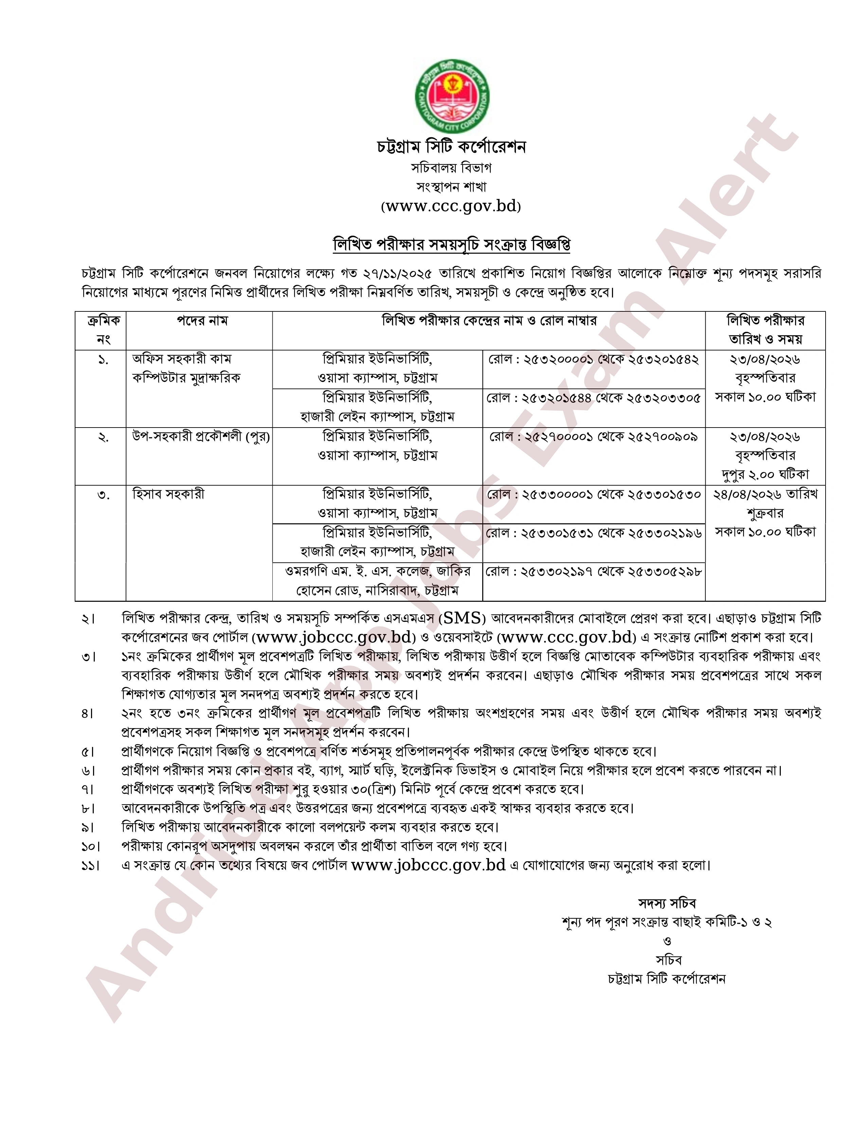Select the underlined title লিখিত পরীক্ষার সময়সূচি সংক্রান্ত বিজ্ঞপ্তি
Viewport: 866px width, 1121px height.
pos(451,244)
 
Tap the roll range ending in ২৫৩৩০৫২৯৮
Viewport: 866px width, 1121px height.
pos(593,571)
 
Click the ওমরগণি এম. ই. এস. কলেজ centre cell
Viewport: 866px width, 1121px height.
pos(377,580)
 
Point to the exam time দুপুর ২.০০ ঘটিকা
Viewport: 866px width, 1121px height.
pos(765,474)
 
